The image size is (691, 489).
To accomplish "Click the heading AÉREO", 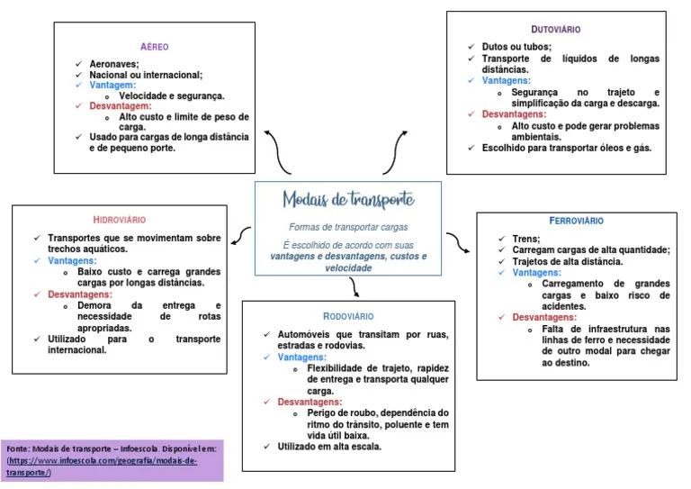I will click(x=155, y=47).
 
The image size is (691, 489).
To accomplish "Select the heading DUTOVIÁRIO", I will click(x=556, y=30).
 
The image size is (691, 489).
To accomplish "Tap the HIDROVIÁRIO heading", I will click(x=120, y=220).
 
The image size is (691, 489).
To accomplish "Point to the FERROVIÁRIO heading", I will click(x=577, y=221).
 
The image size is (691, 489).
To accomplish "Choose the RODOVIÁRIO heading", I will click(x=348, y=316).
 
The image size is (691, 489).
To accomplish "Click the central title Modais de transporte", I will click(x=349, y=199).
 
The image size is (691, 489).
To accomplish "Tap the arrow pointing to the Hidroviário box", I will click(x=240, y=236).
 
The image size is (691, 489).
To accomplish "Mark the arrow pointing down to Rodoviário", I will click(x=354, y=287).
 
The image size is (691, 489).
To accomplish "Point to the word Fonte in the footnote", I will click(x=18, y=448).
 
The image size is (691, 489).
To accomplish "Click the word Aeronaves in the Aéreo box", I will click(x=114, y=64).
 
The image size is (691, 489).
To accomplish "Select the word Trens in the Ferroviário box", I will click(x=525, y=239).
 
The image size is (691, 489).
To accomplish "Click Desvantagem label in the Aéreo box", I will click(x=121, y=105).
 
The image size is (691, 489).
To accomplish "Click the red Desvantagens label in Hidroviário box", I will click(x=80, y=294).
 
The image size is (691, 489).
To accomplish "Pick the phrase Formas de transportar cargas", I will click(x=348, y=227).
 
